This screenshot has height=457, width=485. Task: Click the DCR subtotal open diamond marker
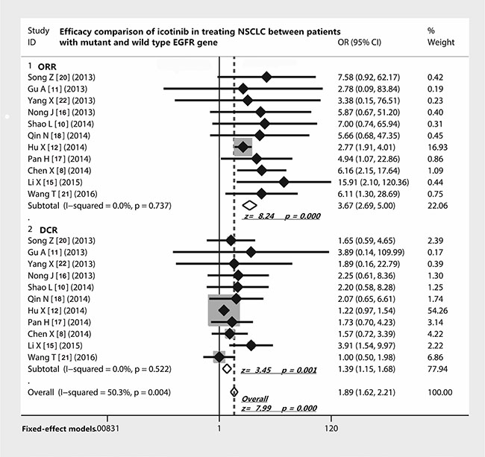point(227,369)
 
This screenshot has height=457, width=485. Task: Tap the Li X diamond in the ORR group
point(284,182)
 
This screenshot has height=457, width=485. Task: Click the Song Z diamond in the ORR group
point(266,77)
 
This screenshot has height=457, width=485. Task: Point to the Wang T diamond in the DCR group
point(219,357)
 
